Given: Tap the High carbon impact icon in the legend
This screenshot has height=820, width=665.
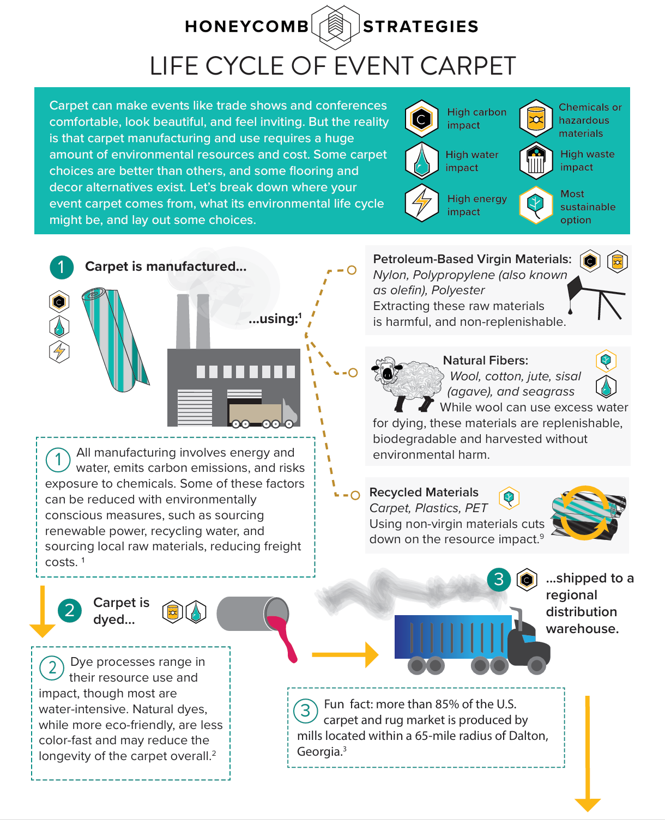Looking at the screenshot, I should click(x=421, y=118).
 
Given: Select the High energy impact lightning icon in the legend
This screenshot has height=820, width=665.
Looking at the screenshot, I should click(x=421, y=203).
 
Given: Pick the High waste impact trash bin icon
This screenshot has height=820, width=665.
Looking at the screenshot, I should click(x=536, y=160).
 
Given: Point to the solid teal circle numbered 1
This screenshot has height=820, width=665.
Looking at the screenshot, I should click(x=62, y=267).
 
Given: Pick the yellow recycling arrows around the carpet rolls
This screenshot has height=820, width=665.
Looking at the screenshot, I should click(x=585, y=513).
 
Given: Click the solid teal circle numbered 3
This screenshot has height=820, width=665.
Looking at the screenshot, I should click(x=499, y=579).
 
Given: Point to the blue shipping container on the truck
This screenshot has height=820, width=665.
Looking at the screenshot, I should click(x=452, y=636).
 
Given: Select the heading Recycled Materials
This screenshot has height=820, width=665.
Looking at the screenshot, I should click(x=424, y=492).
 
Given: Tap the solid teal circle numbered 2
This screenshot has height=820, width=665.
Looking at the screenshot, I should click(x=70, y=611).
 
